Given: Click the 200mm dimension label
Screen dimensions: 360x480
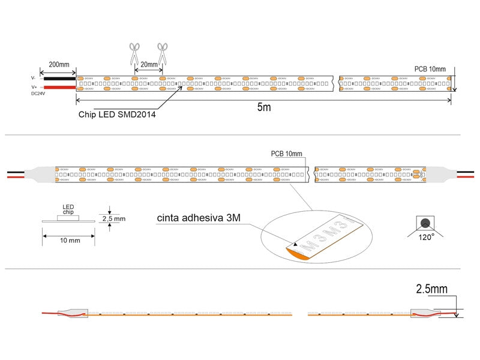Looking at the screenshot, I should [58, 64].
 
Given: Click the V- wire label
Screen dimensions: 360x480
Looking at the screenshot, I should [34, 78].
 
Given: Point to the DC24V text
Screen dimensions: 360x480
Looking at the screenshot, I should [37, 94].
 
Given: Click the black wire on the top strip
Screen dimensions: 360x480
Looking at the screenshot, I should [58, 78].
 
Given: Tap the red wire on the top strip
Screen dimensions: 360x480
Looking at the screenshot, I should [58, 88].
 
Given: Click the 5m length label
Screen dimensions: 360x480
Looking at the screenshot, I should [264, 108].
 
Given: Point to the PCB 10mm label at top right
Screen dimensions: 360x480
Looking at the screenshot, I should [430, 69].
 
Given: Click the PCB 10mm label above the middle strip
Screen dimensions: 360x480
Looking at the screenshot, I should [287, 154].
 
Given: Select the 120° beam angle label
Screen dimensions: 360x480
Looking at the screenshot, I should [427, 237].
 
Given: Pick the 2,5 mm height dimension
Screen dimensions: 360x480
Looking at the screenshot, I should [114, 219].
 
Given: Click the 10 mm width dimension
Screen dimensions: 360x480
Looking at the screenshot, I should [70, 241].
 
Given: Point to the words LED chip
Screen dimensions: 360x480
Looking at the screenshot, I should [68, 210].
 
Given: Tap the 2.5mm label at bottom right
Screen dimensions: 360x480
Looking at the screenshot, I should [431, 289].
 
